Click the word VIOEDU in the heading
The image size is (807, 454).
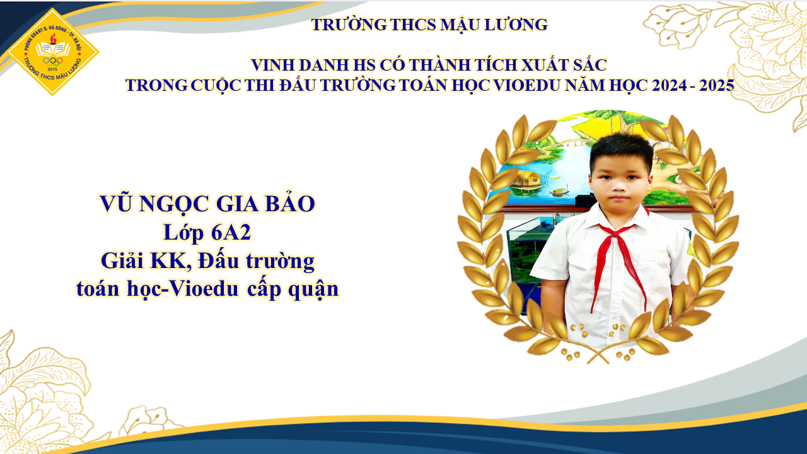click(x=526, y=85)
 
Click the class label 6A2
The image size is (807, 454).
click(x=231, y=232)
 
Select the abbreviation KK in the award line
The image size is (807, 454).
click(x=171, y=261)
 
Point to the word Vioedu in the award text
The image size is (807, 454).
click(x=203, y=289)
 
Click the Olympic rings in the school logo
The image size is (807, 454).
click(x=52, y=61)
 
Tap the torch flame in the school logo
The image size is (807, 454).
click(x=53, y=38)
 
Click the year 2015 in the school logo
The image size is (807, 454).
click(x=52, y=69)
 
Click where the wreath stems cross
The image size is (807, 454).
click(x=598, y=356)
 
